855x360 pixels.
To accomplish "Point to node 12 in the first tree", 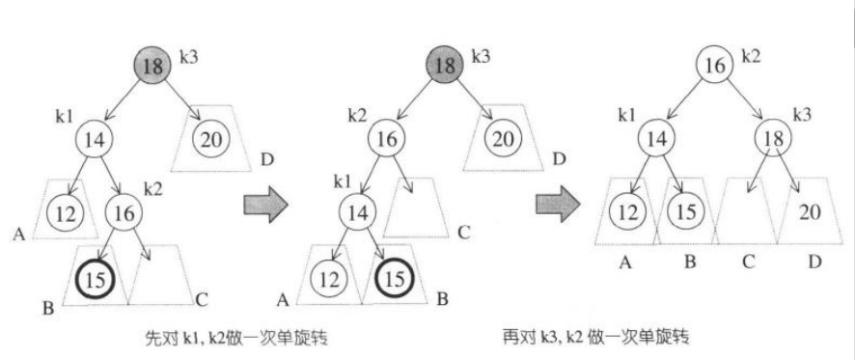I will tap(65, 212).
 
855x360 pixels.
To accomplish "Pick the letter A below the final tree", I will tap(626, 261).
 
